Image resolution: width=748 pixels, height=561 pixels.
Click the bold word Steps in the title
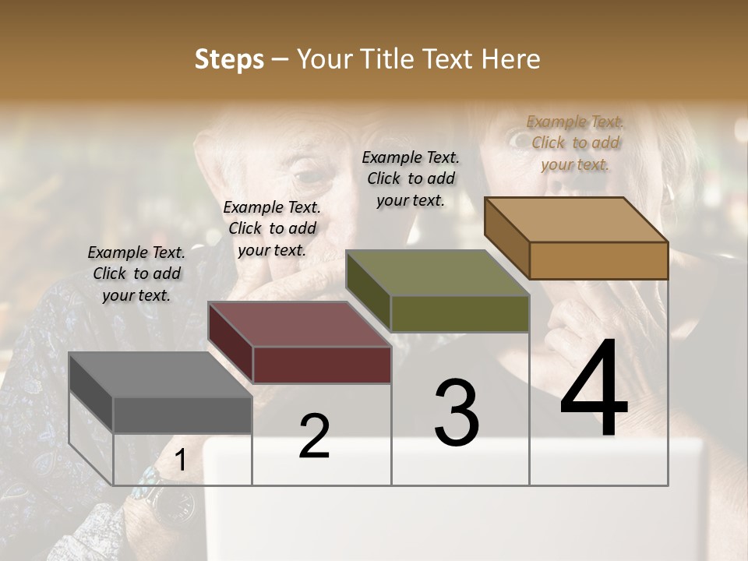(x=229, y=59)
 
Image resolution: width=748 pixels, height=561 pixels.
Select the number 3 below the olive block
(x=456, y=413)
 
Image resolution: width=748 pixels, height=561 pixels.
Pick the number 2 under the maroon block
(x=314, y=436)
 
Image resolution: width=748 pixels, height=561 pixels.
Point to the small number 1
(x=180, y=460)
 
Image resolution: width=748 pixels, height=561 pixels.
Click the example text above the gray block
(x=136, y=273)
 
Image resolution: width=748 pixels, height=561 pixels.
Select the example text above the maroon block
(x=272, y=228)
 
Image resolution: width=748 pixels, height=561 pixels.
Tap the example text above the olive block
(x=411, y=178)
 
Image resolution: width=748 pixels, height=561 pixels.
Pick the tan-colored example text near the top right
(x=575, y=143)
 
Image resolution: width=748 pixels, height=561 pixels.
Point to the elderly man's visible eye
(x=312, y=173)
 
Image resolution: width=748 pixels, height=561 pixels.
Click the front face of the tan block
(x=598, y=260)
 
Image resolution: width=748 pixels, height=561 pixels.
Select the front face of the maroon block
(x=321, y=365)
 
